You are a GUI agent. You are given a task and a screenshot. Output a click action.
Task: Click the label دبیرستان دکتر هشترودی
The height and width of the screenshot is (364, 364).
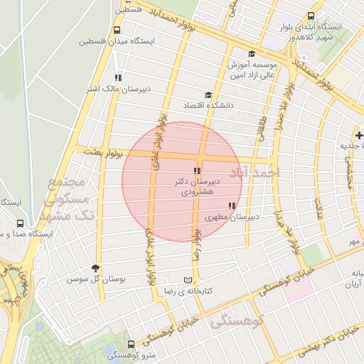tap(198, 187)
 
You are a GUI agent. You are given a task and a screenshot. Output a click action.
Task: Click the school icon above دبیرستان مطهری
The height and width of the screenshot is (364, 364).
tap(232, 205)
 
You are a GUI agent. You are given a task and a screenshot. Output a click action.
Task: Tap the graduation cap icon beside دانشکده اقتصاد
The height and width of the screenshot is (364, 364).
tap(208, 95)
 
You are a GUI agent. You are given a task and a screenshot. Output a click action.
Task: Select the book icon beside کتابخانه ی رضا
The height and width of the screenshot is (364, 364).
tap(188, 280)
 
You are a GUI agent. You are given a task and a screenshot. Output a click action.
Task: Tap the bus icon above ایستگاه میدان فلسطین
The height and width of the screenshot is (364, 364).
tap(117, 30)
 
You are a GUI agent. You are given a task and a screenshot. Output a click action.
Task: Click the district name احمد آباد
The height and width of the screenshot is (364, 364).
tap(257, 173)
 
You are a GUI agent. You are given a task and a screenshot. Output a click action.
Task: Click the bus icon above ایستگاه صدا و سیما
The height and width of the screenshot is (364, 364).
tap(20, 223)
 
